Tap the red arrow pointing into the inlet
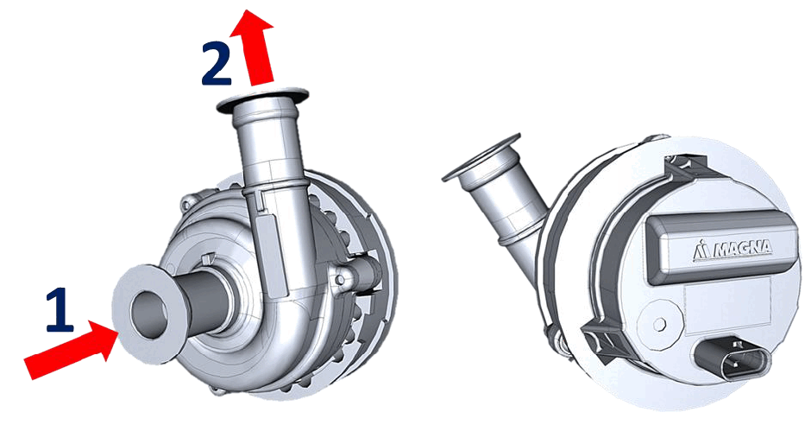click(72, 348)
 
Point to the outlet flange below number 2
click(263, 98)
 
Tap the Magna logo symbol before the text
click(701, 249)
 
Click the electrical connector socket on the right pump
click(732, 358)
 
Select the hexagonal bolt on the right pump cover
click(659, 325)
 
